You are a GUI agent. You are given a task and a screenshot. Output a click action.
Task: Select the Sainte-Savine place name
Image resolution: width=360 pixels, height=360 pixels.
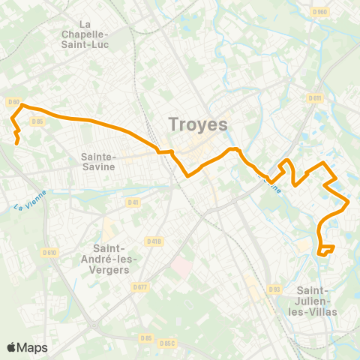point(97,161)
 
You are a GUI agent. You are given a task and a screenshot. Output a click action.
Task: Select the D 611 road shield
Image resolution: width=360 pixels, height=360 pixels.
point(315,98)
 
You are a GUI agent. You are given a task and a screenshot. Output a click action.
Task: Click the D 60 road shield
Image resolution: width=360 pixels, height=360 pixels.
point(13,102)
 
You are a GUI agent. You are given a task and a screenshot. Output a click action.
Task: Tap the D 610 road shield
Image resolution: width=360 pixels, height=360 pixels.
point(50,253)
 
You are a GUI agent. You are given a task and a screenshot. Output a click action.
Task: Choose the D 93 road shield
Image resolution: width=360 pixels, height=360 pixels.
point(274,289)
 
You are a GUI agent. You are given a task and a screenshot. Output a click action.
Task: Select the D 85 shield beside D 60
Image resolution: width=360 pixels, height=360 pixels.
point(37,121)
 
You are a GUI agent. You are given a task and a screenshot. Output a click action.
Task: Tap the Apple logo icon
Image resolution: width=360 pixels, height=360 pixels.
point(12,347)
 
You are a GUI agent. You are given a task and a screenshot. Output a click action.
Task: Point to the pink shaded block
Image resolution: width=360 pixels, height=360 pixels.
point(181,266)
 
